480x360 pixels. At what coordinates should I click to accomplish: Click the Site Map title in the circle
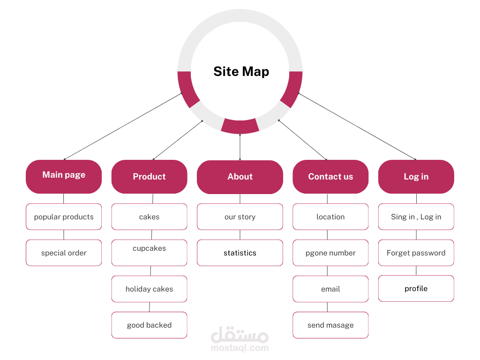point(241,71)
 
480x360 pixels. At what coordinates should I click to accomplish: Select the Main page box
point(64,176)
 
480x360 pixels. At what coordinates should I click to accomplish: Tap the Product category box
point(149,176)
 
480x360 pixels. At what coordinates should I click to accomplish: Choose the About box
point(240,177)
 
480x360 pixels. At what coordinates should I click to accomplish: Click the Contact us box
point(330,176)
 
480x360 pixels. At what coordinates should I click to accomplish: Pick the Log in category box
point(416,176)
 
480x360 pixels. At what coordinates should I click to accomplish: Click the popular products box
point(64,217)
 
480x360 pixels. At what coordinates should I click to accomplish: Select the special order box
point(64,253)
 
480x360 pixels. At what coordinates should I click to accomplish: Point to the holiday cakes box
point(149,289)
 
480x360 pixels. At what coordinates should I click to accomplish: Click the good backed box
point(149,325)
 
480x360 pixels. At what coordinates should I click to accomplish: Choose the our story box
point(240,217)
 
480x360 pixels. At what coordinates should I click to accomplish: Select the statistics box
point(240,253)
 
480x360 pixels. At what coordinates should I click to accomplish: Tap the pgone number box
point(330,253)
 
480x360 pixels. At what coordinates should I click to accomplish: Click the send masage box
point(330,325)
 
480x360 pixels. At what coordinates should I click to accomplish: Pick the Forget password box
point(416,253)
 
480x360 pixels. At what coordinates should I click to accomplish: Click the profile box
point(416,288)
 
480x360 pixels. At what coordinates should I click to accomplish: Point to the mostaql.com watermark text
point(240,348)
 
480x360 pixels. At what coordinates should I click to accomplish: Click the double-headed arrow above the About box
point(240,147)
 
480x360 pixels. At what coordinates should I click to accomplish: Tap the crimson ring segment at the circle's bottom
point(240,126)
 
